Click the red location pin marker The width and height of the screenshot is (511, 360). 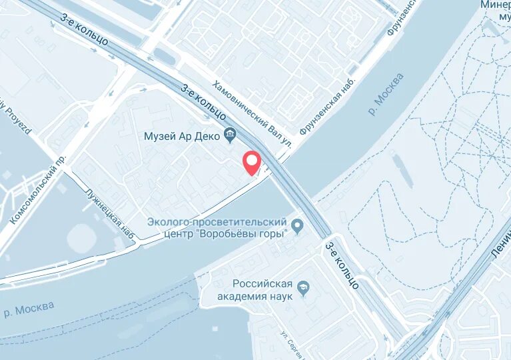tap(251, 162)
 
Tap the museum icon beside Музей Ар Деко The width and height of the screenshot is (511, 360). tap(231, 136)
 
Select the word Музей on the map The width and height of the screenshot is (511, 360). tap(160, 136)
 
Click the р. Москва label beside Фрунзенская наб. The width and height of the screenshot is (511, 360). tap(386, 94)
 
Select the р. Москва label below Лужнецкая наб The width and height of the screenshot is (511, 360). tap(29, 310)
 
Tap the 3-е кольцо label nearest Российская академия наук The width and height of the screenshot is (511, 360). tap(342, 265)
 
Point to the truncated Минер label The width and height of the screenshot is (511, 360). tap(496, 5)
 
